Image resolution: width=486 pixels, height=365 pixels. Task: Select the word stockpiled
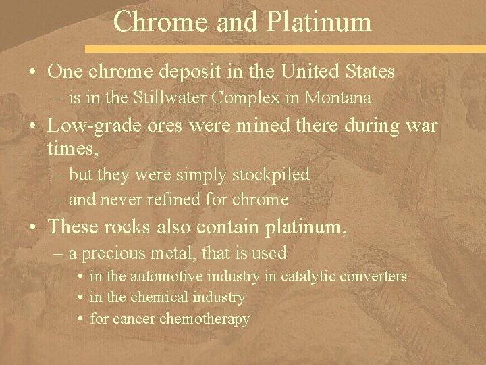[x=270, y=175]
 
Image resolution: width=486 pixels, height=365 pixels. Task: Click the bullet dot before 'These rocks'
[x=32, y=226]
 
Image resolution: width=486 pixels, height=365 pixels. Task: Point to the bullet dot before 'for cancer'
[x=80, y=318]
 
